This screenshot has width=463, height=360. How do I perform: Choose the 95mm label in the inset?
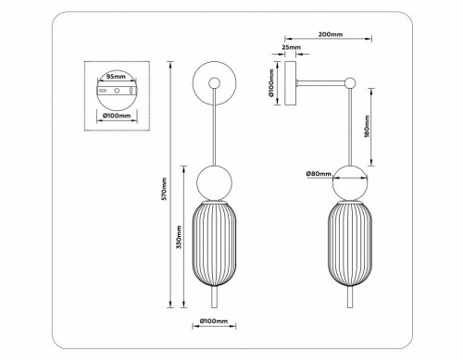tap(117, 77)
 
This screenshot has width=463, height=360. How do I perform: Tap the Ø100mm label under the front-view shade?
tap(214, 323)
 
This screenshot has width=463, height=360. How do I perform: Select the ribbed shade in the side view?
tap(352, 244)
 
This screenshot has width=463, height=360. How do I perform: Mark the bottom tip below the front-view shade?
tap(214, 301)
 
